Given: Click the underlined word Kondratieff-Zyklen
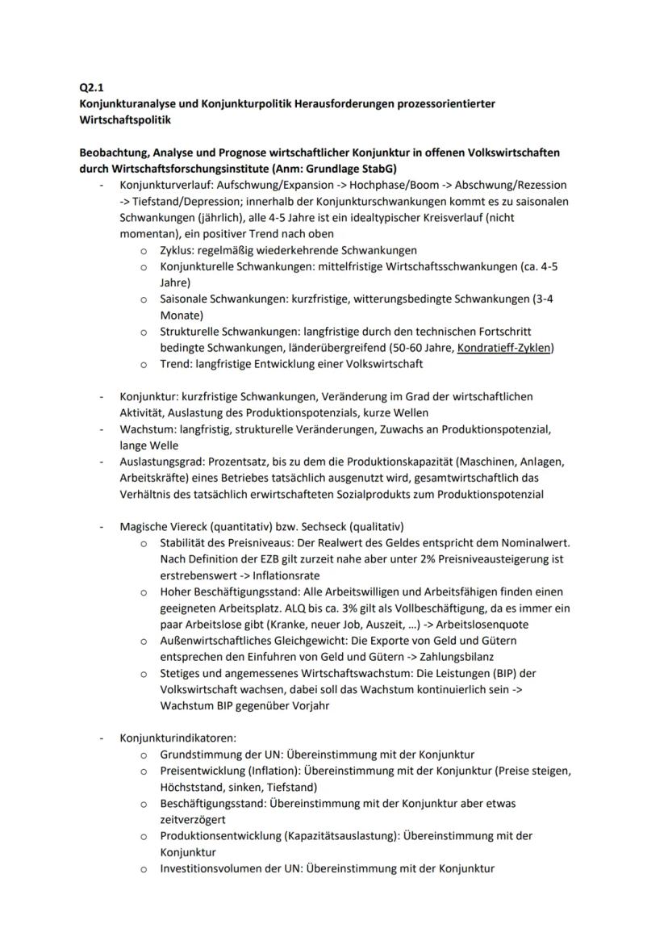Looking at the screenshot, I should coord(503,348).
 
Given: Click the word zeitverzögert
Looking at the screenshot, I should coord(193,818).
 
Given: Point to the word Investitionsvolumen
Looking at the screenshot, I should coord(212,868).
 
